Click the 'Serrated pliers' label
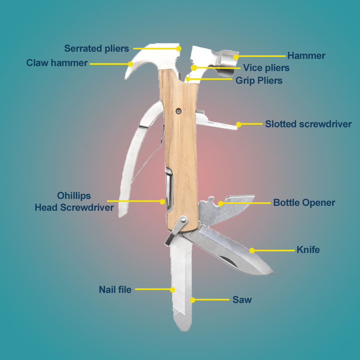[x=96, y=48]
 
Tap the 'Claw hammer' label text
[x=57, y=63]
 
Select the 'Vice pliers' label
[x=266, y=68]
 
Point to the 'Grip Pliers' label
[x=259, y=80]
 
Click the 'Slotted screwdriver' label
[x=308, y=124]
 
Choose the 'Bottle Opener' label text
[x=304, y=202]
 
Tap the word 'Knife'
[x=308, y=249]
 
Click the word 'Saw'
[x=242, y=300]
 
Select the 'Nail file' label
[x=115, y=289]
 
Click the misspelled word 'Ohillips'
[x=74, y=196]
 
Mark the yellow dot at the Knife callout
[x=252, y=250]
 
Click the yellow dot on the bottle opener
[x=221, y=203]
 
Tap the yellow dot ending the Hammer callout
[x=236, y=57]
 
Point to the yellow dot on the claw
[x=130, y=64]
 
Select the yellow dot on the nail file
[x=172, y=289]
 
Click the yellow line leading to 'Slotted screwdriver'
[x=251, y=124]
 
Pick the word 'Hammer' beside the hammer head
[x=306, y=56]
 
